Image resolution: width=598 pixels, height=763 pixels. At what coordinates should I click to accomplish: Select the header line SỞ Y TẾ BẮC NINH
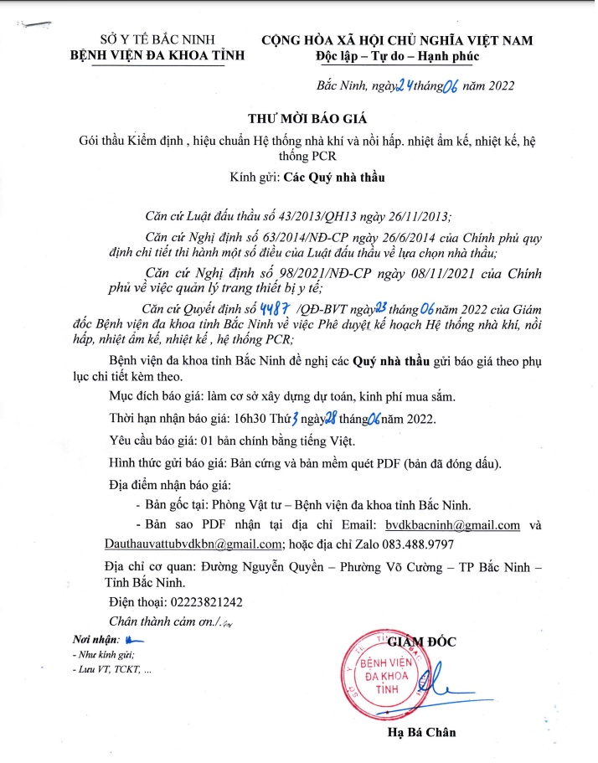[x=157, y=39]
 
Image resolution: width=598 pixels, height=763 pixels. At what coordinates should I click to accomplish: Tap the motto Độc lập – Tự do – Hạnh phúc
[x=396, y=56]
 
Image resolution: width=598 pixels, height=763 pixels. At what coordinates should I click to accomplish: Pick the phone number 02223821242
[x=201, y=602]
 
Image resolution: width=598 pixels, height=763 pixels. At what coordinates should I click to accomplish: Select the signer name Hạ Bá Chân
[x=421, y=732]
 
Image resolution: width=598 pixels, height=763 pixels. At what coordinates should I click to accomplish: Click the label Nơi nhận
[x=95, y=641]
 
